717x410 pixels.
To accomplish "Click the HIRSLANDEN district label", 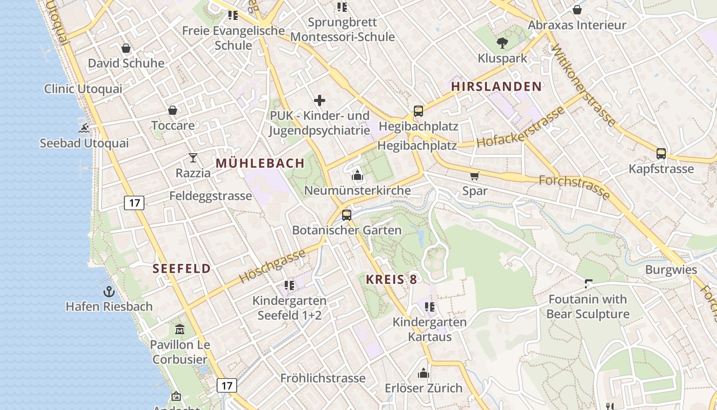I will coord(496,87).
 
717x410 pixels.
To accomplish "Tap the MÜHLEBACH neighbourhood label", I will coord(260,163).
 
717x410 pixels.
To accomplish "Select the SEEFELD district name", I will coord(182,269).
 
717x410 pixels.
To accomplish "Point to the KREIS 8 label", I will coord(391,279).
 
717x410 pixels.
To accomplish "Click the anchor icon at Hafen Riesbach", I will coord(109,292).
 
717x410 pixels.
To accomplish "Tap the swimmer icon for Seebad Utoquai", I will coord(85,128).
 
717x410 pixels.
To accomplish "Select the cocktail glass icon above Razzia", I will coord(193,158).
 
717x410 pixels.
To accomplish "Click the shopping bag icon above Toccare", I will coord(173,110).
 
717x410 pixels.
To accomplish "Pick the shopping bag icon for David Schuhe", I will coord(126,48).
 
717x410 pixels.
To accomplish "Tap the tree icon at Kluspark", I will coord(502,43).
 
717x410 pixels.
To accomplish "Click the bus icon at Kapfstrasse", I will coord(661,153).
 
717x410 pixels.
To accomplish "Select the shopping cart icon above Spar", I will coord(475,176).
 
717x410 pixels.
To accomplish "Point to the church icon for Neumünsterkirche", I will coord(357,176).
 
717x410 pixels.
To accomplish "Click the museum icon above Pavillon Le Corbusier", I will coord(179,329).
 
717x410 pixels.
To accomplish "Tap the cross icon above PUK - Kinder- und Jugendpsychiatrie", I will coord(320,100).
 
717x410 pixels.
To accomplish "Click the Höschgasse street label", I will coord(272,265).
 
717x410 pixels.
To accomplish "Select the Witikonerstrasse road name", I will coord(583,85).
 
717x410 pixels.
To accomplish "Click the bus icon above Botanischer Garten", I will coord(347,215).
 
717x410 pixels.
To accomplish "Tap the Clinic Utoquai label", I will coord(83,89).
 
